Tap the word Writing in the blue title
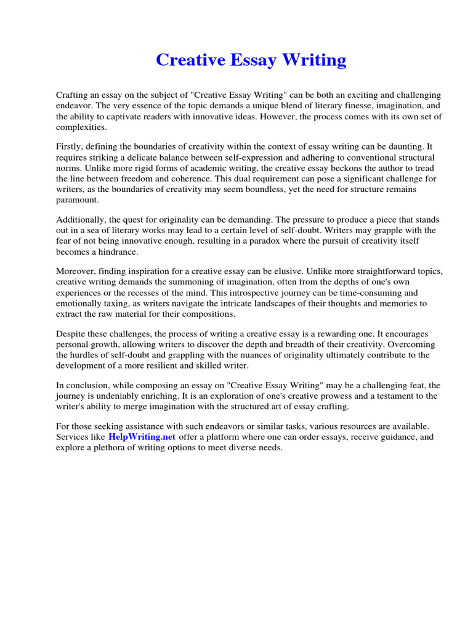(x=316, y=60)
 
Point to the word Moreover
(x=75, y=271)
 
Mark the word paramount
(x=77, y=200)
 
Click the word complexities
(x=81, y=127)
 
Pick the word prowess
(x=323, y=396)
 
